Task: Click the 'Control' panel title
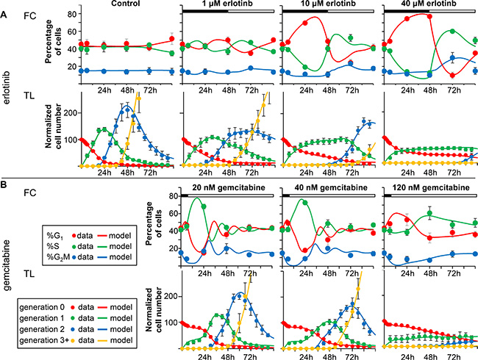point(124,4)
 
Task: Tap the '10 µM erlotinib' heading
point(329,4)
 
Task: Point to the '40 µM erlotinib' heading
point(430,4)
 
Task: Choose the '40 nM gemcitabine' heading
point(329,188)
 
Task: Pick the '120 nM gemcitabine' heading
point(429,188)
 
